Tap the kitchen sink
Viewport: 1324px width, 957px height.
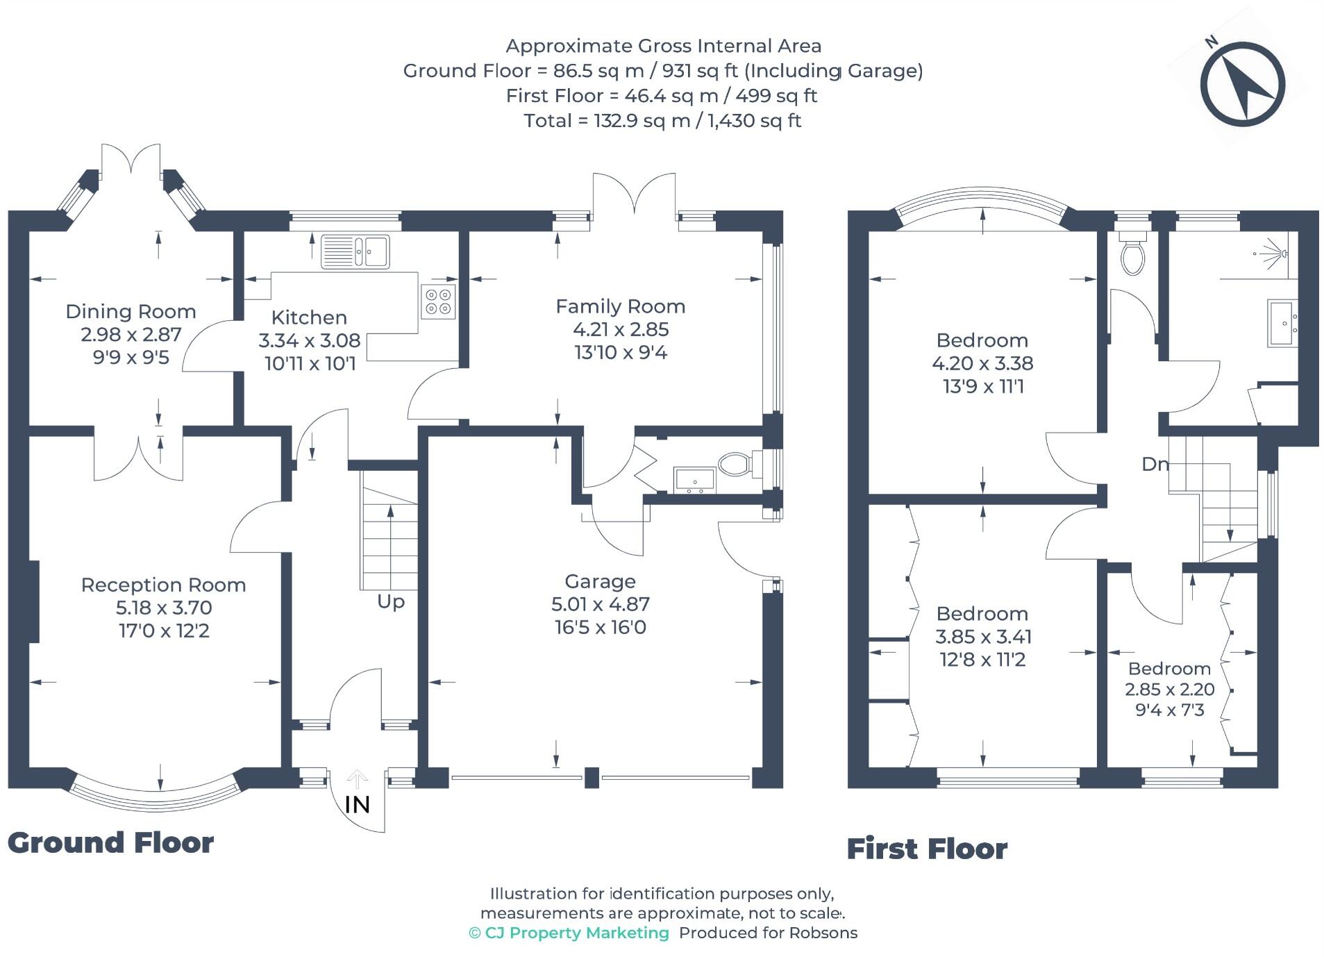pos(355,251)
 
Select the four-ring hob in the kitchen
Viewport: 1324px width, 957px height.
pos(438,301)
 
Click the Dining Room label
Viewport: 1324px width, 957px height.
pos(131,312)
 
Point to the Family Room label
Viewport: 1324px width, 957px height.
pos(620,306)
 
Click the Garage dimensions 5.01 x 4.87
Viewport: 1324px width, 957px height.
pos(600,604)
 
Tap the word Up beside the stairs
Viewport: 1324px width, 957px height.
pos(390,601)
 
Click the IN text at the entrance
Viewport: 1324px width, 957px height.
pos(357,805)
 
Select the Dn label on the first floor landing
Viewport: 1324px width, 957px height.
pos(1154,464)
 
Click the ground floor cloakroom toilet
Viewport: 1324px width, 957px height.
pos(734,464)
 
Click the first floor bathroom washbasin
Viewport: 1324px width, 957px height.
pos(1282,323)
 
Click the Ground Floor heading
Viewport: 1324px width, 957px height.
pos(110,843)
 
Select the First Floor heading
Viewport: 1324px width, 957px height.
pos(926,849)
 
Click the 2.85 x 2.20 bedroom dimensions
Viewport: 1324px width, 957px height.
pos(1169,690)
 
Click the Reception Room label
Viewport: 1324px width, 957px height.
pos(163,585)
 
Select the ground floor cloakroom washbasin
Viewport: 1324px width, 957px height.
pos(694,479)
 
